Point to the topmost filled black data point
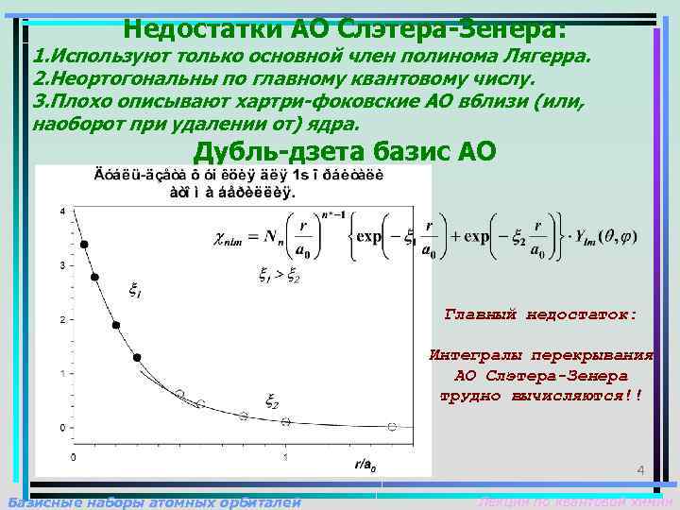84,245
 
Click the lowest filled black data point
137,358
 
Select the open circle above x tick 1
285,421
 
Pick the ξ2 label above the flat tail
272,401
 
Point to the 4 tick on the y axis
62,212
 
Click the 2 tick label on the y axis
62,320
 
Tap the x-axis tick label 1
285,456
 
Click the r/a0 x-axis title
365,465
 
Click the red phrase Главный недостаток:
540,314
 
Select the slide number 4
639,470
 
